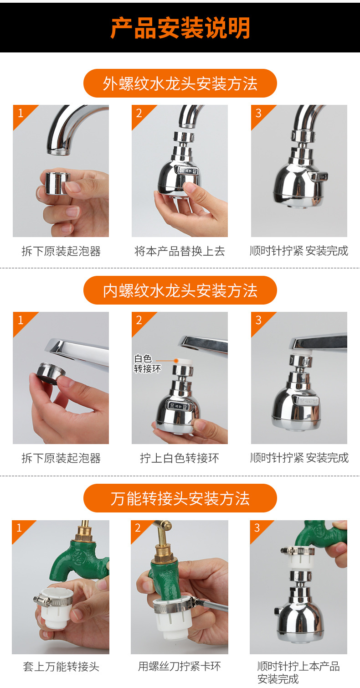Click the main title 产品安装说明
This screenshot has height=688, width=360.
(180, 28)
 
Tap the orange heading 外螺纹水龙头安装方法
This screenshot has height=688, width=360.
(180, 83)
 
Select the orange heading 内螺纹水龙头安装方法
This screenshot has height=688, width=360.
(180, 290)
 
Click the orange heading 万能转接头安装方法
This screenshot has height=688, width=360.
(180, 498)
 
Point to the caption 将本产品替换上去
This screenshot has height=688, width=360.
(180, 251)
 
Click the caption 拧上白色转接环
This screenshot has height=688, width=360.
(180, 458)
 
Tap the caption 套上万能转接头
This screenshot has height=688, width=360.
(61, 667)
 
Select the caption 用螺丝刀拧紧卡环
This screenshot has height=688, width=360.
(180, 667)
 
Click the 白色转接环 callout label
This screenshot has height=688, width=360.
(147, 364)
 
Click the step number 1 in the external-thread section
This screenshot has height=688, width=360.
(20, 113)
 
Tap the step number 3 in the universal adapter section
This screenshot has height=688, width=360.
(257, 528)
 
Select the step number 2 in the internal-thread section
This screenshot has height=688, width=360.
(139, 320)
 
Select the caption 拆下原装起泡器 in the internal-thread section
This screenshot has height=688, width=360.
(61, 458)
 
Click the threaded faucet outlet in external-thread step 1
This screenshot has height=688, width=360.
(59, 151)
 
